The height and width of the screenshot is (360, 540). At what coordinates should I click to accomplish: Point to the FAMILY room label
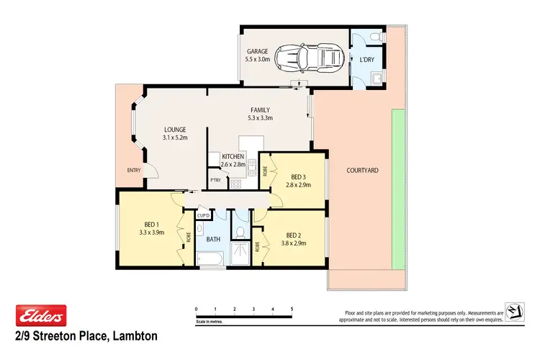tap(260, 110)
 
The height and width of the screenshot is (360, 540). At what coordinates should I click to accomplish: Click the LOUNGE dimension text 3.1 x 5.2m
tap(174, 138)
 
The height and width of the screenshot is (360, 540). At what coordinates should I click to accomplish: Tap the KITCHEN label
tap(233, 156)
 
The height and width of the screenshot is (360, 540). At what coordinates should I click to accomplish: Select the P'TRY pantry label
tap(215, 180)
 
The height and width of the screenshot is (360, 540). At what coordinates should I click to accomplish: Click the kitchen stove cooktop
tap(235, 183)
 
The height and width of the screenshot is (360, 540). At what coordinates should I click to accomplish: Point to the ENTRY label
tap(134, 171)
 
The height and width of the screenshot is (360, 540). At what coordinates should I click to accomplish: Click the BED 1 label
tap(152, 224)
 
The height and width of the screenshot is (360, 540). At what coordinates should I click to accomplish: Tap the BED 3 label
tap(299, 176)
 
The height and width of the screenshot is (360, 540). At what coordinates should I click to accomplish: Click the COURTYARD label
tap(362, 171)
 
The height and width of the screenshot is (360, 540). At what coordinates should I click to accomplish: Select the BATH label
tap(213, 238)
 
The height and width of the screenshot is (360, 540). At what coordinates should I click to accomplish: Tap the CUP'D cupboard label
tap(203, 216)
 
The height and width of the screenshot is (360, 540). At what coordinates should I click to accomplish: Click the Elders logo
tap(41, 315)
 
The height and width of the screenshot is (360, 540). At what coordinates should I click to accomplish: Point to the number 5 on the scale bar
tap(292, 309)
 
